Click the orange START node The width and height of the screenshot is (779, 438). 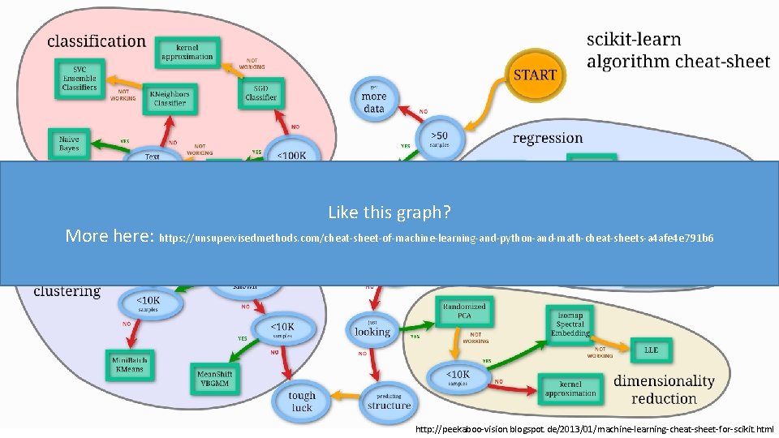(535, 75)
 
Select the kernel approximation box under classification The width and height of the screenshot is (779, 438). (187, 51)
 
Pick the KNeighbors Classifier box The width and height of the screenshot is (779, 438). (168, 98)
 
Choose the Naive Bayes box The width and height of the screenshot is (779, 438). (69, 144)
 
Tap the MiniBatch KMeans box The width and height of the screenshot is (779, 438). (126, 363)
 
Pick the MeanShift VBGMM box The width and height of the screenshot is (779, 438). (214, 379)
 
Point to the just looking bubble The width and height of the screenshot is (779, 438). (372, 328)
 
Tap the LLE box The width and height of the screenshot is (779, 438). (651, 350)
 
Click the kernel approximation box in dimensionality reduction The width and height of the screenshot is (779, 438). (570, 389)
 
